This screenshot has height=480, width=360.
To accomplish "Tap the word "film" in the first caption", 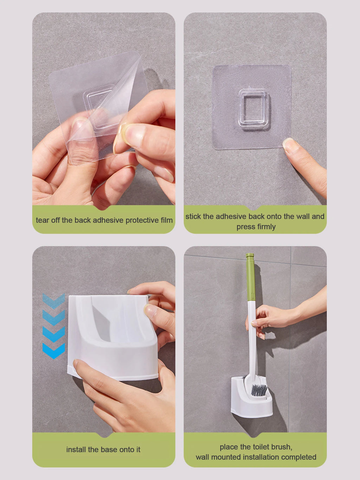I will [166, 220].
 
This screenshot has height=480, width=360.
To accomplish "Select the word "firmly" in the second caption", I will [266, 227].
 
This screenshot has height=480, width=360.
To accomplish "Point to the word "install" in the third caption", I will [76, 449].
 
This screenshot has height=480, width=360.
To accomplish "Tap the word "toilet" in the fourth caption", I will [259, 447].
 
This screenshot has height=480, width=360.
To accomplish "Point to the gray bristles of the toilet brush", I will [259, 390].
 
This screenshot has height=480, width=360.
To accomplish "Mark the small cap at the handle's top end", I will [250, 255].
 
